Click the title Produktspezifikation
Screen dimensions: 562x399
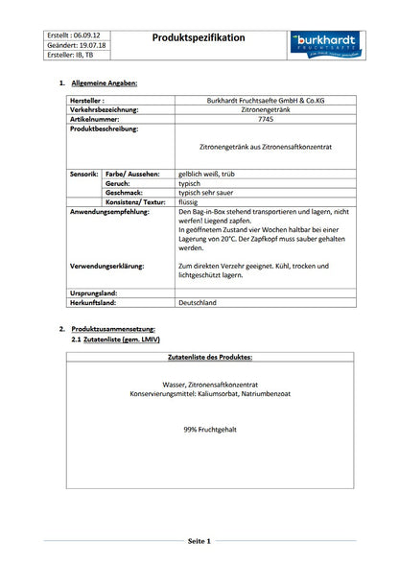[199, 38]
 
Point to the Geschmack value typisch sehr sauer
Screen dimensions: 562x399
[210, 192]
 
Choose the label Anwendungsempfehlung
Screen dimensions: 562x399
[109, 211]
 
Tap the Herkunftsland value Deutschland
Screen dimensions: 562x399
[198, 302]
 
